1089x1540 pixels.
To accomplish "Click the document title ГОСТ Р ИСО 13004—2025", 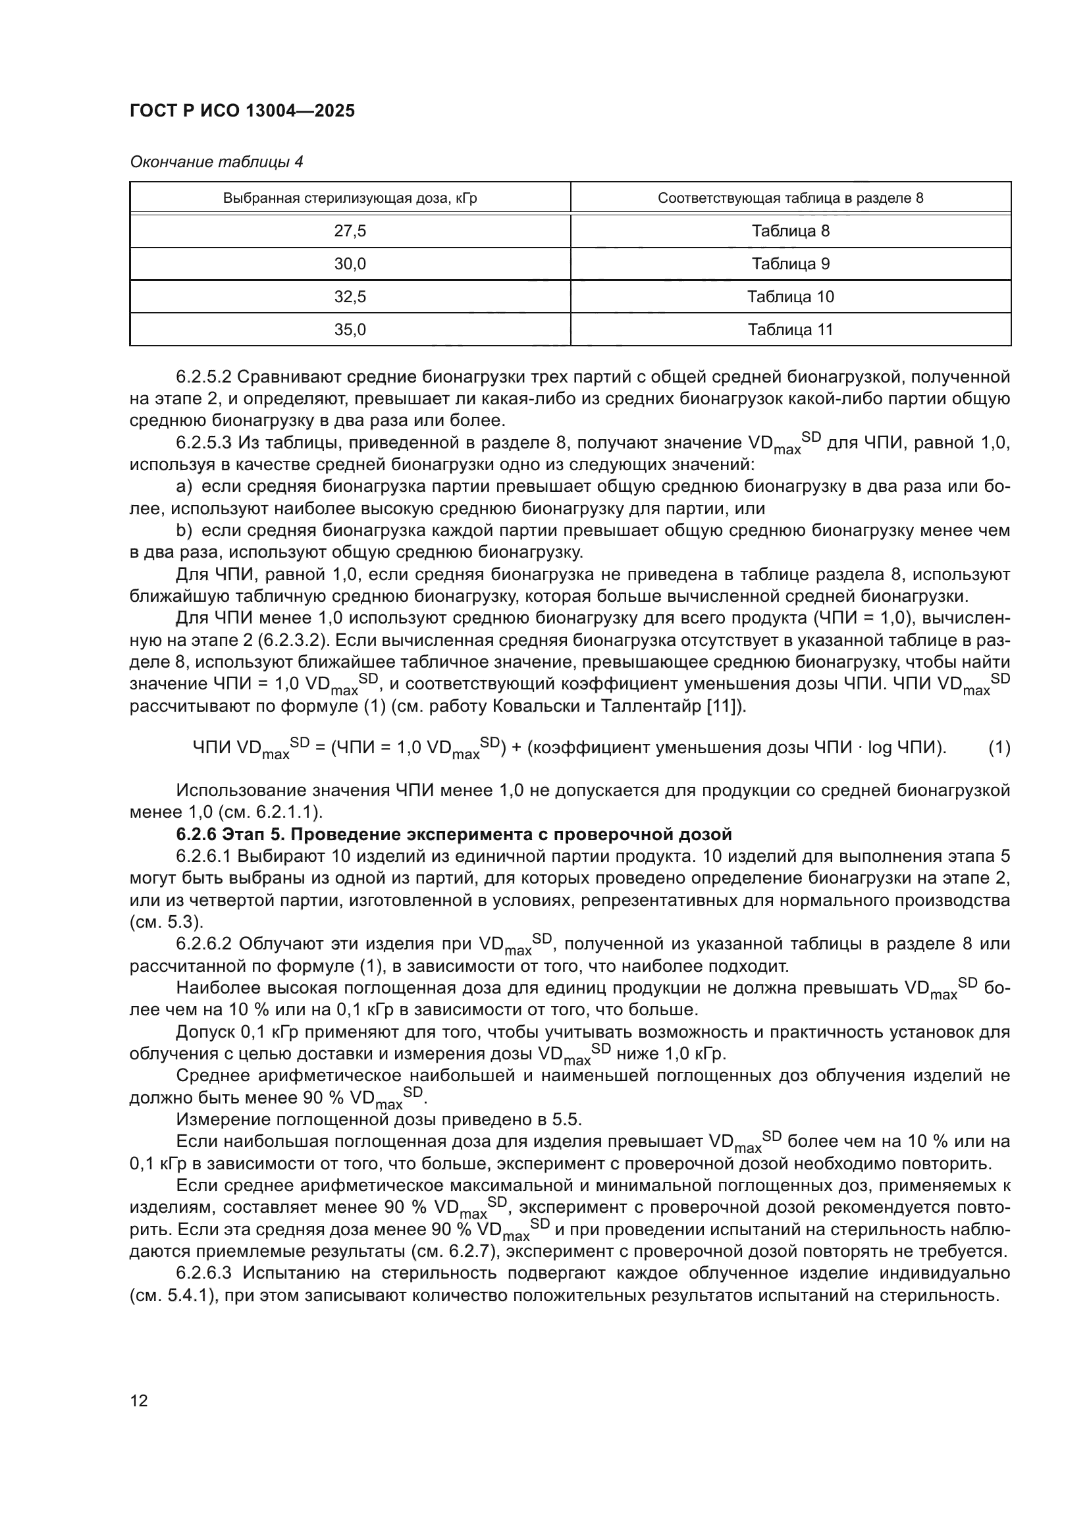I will point(242,111).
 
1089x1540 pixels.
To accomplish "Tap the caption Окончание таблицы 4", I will point(216,163).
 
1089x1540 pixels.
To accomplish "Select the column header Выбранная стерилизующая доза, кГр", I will point(350,199).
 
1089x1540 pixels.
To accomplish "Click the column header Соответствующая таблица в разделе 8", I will point(791,199).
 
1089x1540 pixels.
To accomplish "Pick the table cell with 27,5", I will point(350,231).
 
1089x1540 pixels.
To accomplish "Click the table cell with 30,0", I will point(350,264).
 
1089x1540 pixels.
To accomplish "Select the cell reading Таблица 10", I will point(791,297).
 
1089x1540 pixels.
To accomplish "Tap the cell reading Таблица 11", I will point(791,330).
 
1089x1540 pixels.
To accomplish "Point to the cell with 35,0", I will point(350,330).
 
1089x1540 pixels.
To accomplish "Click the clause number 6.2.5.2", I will point(203,378).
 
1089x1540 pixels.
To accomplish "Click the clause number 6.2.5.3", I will point(203,443).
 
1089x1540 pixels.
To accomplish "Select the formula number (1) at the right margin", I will point(999,748).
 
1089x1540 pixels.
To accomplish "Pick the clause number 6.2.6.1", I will point(203,857).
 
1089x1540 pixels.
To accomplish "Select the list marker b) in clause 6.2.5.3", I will point(184,531).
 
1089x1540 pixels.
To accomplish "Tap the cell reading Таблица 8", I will point(791,231).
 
